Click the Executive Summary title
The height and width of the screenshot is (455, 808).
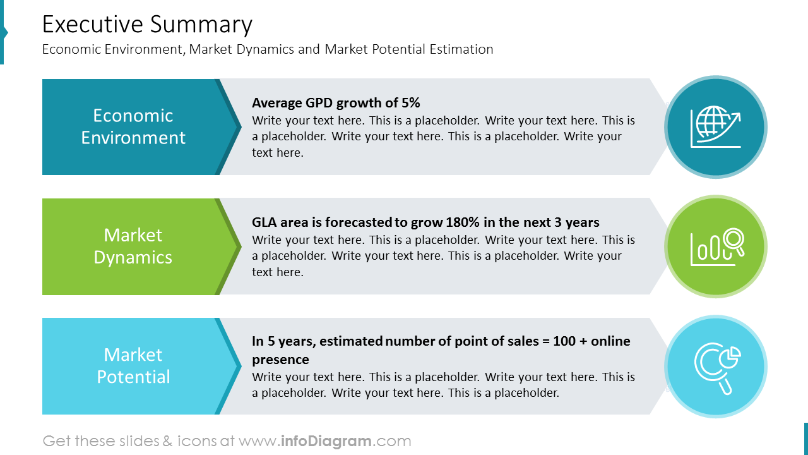(147, 25)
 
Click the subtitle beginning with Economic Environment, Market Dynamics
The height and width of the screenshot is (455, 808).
(268, 49)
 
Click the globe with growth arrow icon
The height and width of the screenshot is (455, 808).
(715, 128)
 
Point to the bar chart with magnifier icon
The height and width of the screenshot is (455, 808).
(715, 246)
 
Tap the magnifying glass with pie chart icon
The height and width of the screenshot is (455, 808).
(715, 367)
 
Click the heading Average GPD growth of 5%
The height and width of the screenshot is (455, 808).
(336, 103)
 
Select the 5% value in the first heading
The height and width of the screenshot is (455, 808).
(410, 103)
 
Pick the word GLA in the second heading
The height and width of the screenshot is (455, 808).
(264, 222)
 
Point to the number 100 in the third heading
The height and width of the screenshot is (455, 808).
(564, 341)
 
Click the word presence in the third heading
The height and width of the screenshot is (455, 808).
(280, 360)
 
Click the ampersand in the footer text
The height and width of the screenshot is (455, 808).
(167, 441)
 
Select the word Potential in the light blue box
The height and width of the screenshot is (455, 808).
(133, 377)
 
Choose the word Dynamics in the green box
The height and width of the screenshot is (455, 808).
(133, 257)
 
